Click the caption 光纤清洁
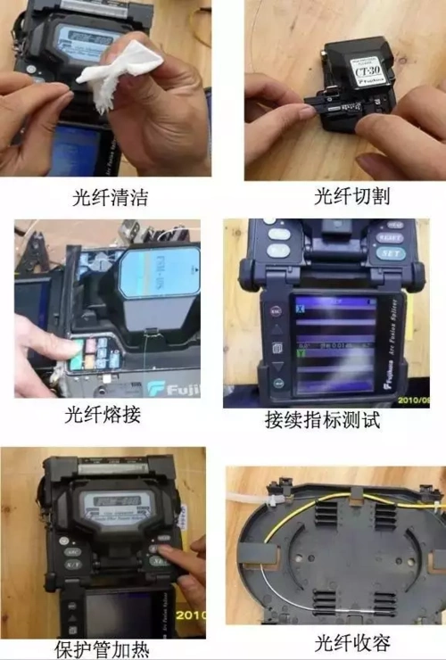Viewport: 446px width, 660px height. [x=111, y=196]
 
